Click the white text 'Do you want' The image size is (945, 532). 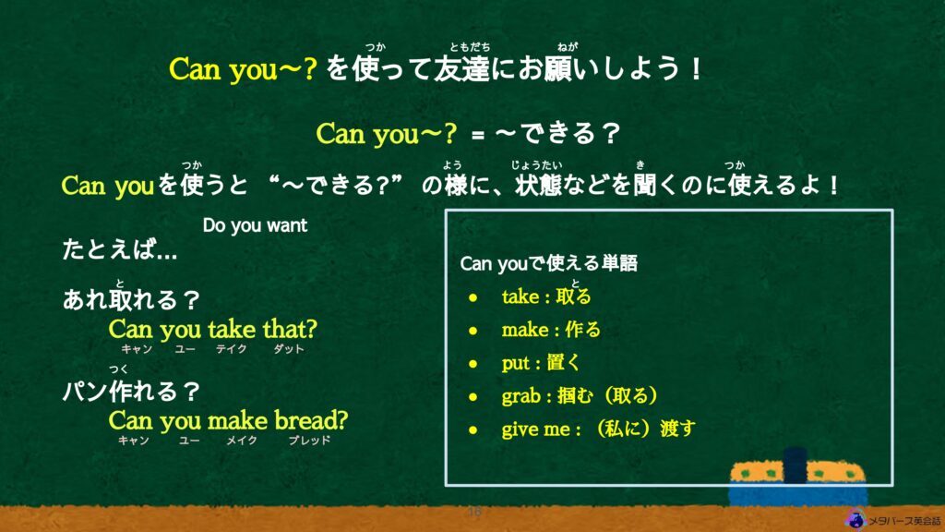pyautogui.click(x=255, y=225)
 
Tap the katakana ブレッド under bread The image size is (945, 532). pyautogui.click(x=309, y=441)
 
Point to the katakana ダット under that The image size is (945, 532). pyautogui.click(x=289, y=348)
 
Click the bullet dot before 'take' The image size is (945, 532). pyautogui.click(x=473, y=297)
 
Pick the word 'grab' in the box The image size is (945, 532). pyautogui.click(x=520, y=396)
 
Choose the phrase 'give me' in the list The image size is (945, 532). pyautogui.click(x=536, y=429)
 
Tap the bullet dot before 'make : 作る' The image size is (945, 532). pyautogui.click(x=473, y=331)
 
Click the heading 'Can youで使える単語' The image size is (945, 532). pyautogui.click(x=548, y=263)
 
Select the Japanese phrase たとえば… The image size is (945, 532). pyautogui.click(x=120, y=249)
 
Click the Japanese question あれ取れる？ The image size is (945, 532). pyautogui.click(x=131, y=299)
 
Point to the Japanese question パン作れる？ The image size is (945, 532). pyautogui.click(x=131, y=391)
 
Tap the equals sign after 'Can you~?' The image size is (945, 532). pyautogui.click(x=478, y=136)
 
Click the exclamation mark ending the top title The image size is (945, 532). pyautogui.click(x=697, y=69)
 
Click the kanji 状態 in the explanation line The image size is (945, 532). pyautogui.click(x=538, y=185)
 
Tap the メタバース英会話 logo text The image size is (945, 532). pyautogui.click(x=904, y=521)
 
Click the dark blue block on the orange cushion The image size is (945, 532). pyautogui.click(x=795, y=465)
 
